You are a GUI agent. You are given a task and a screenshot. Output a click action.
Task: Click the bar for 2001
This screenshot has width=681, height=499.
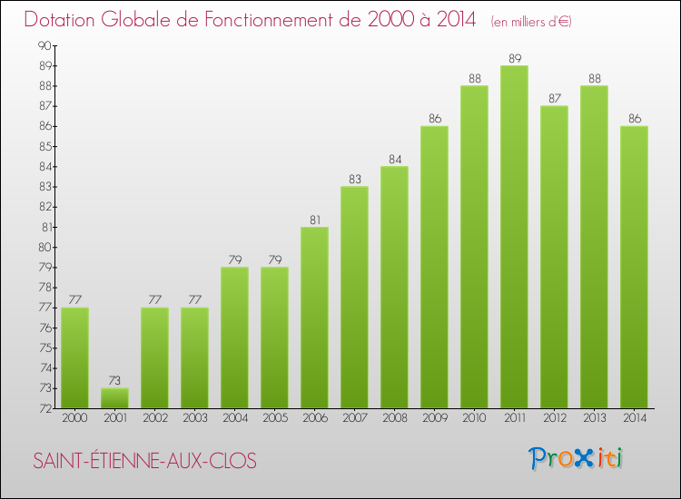[114, 398]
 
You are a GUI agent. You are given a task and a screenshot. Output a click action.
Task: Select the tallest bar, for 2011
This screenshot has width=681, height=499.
[514, 237]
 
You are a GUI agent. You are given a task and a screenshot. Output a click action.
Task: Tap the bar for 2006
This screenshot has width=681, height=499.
[314, 318]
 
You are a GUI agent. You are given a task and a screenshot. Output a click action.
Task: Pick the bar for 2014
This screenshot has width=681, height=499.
[634, 267]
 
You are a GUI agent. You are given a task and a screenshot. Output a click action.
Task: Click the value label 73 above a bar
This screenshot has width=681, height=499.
[114, 380]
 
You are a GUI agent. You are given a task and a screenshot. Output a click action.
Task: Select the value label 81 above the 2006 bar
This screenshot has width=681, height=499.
[314, 219]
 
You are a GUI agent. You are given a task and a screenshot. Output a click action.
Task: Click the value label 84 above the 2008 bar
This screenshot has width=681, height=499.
[394, 159]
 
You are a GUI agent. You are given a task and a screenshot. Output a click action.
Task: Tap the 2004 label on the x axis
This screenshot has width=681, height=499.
[234, 419]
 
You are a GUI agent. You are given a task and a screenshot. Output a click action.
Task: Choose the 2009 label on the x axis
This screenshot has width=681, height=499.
[434, 419]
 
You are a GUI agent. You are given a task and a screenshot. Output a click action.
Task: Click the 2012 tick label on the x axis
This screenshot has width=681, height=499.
[554, 419]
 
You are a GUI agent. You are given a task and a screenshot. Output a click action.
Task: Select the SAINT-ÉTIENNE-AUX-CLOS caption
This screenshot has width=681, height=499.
[145, 461]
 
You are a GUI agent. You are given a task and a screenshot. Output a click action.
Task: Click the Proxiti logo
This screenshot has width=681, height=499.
[577, 458]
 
